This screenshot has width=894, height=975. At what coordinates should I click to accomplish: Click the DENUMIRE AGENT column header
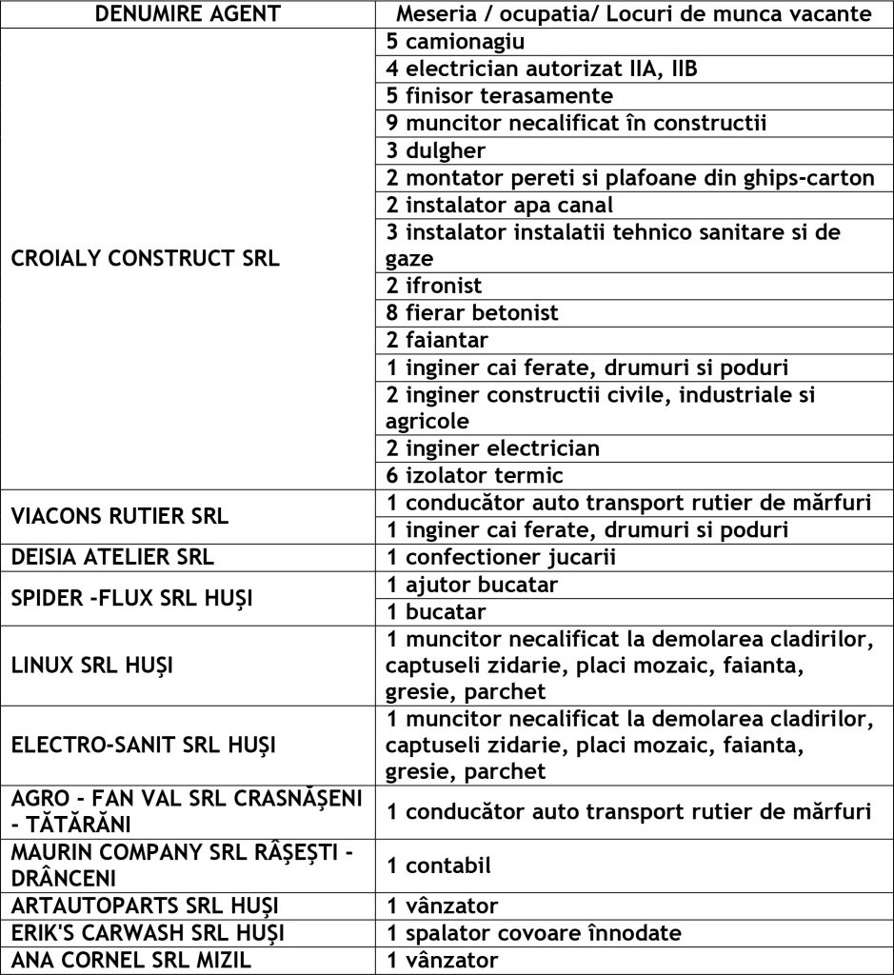[189, 14]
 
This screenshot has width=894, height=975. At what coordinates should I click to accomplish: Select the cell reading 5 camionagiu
[456, 42]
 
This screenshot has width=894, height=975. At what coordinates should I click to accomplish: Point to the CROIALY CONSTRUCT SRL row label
[146, 259]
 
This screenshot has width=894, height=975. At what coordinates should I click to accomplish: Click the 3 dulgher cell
[436, 150]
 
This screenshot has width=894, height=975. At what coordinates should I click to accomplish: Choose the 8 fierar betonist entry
[472, 312]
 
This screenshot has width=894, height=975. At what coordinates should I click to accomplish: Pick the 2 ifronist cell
[434, 286]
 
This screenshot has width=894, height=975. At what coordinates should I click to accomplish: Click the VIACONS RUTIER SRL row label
[120, 516]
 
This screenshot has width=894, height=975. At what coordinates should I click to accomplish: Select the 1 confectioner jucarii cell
[501, 557]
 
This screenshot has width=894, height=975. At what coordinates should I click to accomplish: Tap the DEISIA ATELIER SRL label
[112, 557]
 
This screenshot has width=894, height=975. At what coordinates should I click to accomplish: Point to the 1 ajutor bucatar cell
[472, 584]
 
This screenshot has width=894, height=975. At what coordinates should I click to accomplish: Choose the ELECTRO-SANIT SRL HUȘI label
[143, 745]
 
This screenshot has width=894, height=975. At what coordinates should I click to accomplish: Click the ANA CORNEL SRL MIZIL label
[131, 960]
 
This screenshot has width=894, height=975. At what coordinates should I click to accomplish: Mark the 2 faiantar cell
[437, 340]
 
